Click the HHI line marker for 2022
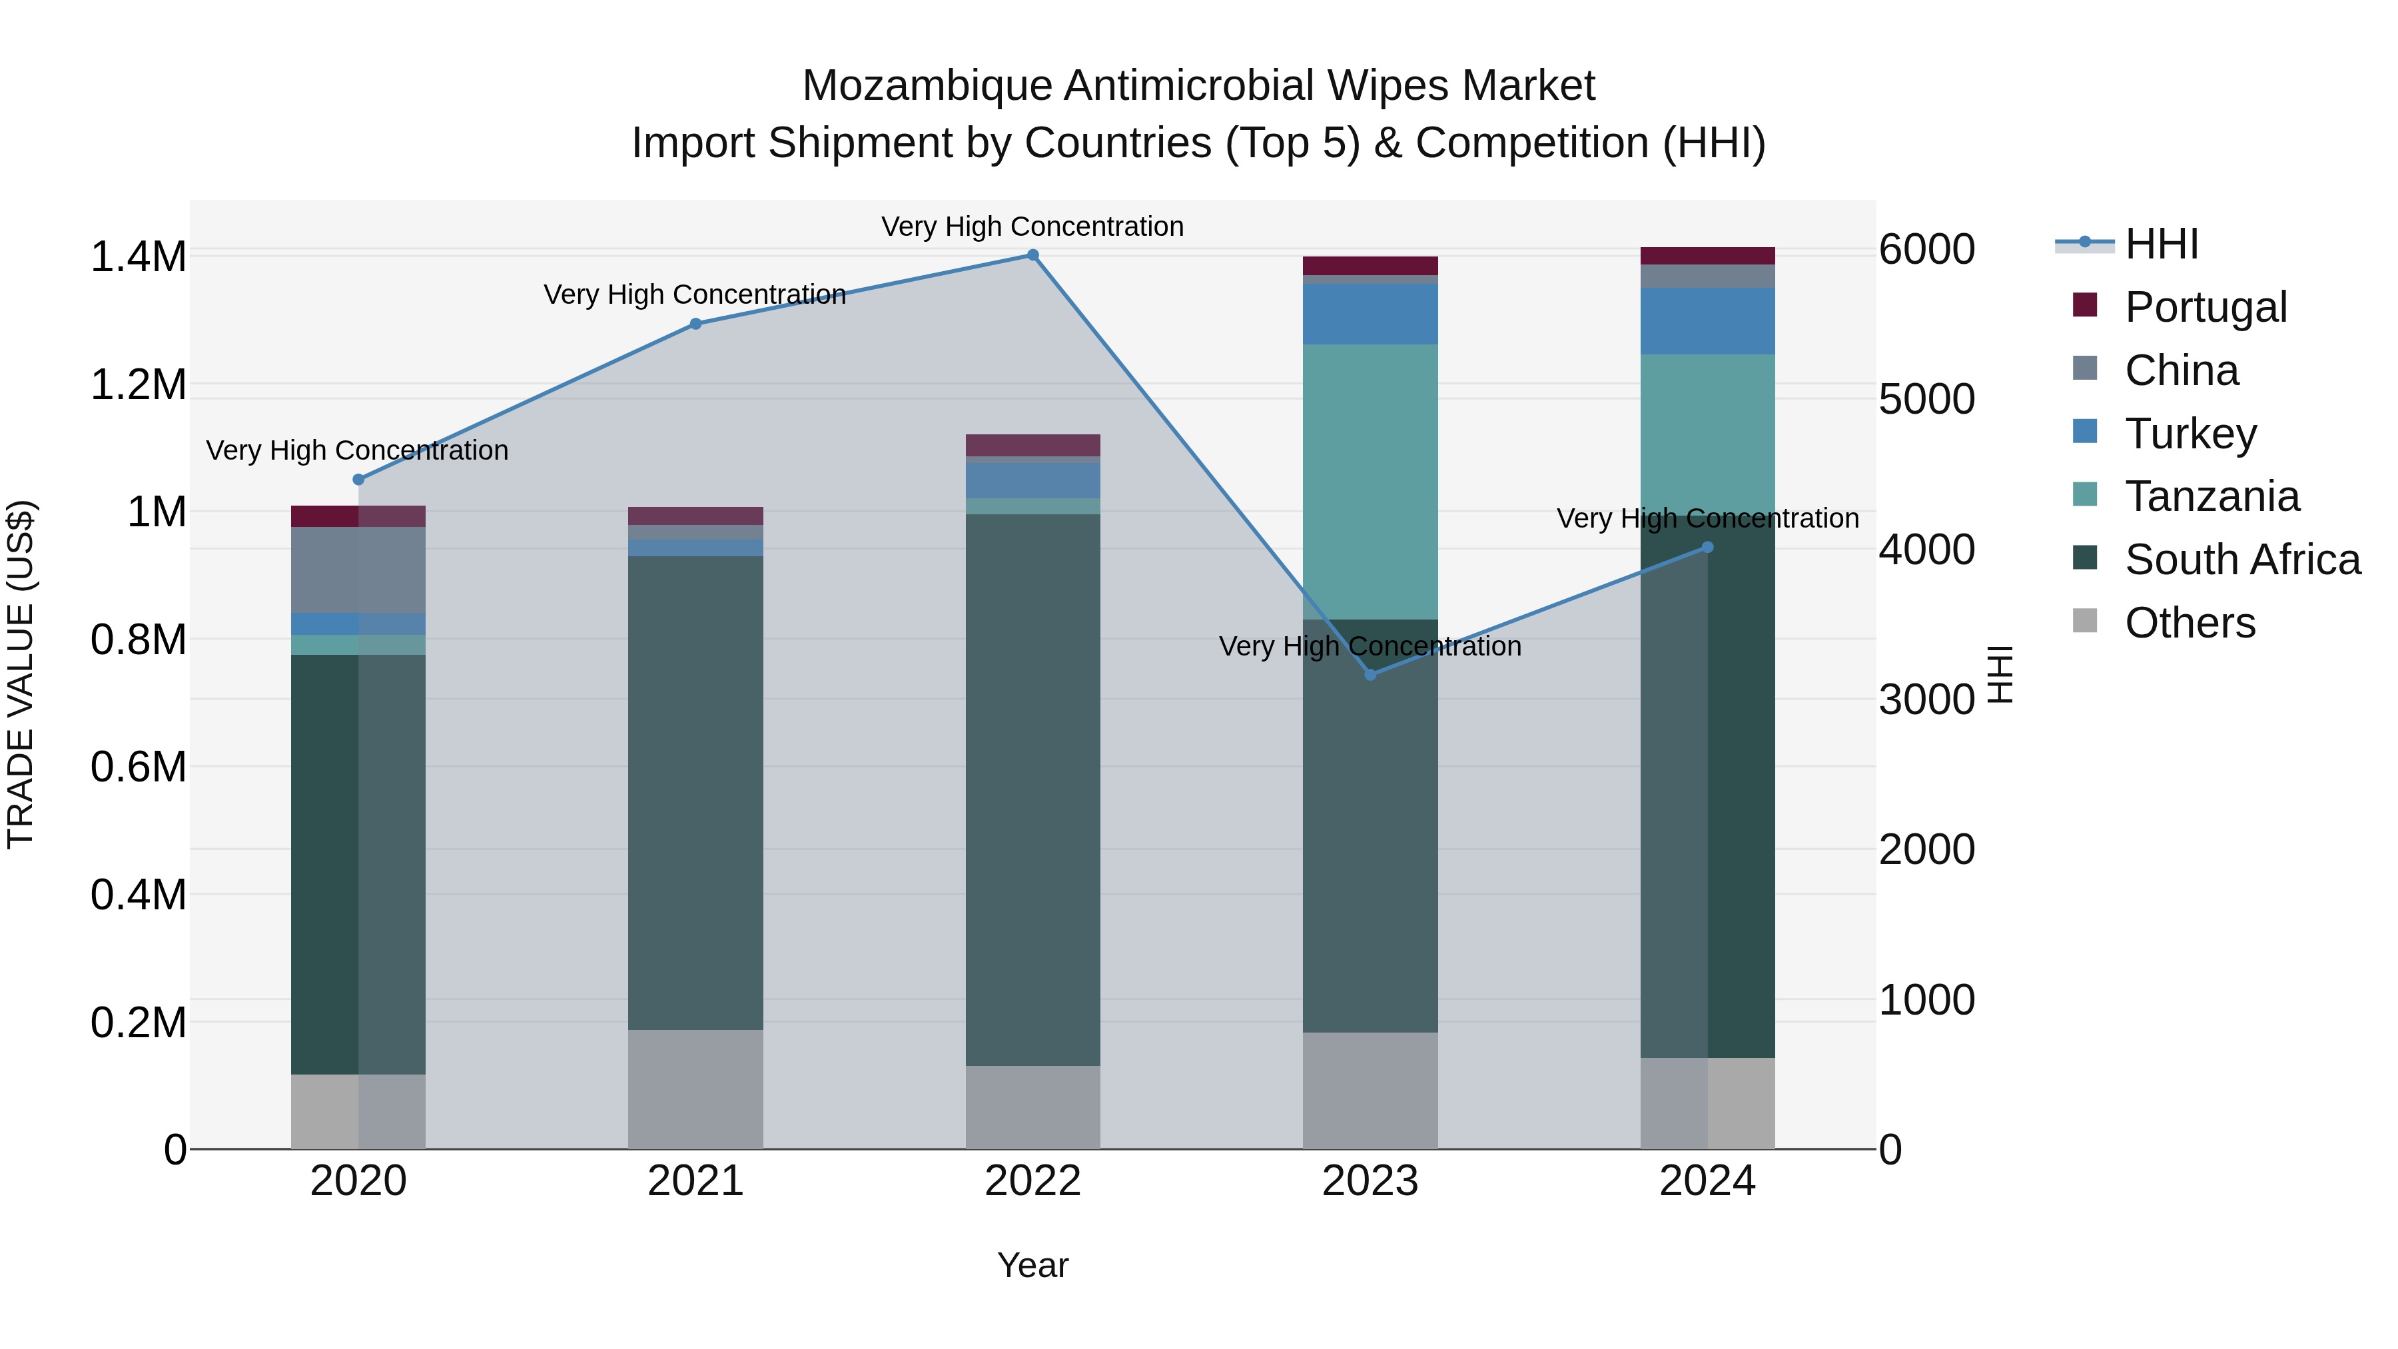point(1032,255)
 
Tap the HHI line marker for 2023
point(1370,675)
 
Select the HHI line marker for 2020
point(358,480)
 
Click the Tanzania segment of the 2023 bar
point(1370,482)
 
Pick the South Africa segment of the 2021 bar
point(695,792)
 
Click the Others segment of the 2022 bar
point(1032,1107)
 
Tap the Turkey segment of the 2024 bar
point(1707,320)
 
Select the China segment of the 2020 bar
point(358,570)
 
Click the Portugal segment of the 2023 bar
point(1370,265)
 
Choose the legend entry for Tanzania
point(2211,496)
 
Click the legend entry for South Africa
point(2241,560)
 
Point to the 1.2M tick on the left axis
point(139,384)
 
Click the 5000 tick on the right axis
point(1926,400)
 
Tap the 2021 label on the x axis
point(695,1181)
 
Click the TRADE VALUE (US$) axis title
point(21,674)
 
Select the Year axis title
point(1032,1265)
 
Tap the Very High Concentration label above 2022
point(1032,226)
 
